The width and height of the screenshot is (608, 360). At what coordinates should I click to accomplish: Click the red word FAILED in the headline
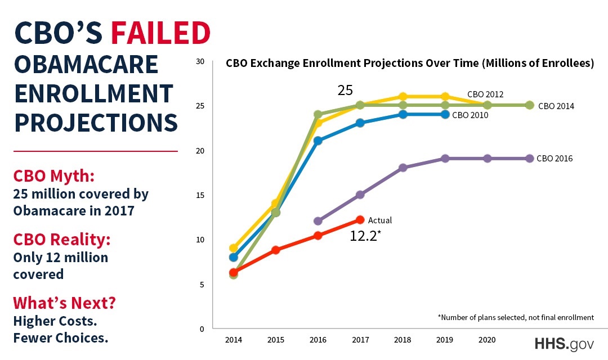(160, 34)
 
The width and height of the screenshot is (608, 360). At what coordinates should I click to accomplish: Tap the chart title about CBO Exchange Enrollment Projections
(410, 64)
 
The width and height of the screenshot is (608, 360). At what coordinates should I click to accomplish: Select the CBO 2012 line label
(485, 94)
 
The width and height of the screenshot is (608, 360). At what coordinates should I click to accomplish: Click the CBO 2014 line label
(556, 106)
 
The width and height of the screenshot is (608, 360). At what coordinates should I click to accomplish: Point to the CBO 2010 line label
(470, 115)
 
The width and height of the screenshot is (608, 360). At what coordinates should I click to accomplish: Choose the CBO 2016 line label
(555, 159)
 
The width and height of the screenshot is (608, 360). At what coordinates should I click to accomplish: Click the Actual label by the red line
(379, 220)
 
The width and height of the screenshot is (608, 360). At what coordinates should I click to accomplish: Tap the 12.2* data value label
(365, 236)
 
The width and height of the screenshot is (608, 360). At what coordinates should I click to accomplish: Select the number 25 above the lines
(346, 91)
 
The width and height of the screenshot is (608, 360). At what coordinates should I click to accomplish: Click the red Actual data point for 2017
(360, 220)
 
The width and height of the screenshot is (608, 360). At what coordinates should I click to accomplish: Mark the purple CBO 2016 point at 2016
(318, 221)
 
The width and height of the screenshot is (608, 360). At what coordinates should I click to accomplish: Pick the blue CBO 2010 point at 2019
(445, 114)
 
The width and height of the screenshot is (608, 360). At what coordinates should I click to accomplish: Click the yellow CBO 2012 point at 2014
(234, 248)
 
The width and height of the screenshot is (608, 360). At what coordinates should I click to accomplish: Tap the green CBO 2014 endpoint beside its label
(529, 105)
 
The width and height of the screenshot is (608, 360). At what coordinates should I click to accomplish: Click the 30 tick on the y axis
(200, 61)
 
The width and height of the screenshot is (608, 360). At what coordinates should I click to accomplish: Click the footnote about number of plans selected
(516, 317)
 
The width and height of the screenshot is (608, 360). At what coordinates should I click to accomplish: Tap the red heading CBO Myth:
(53, 176)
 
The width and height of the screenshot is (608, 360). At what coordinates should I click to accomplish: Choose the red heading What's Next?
(65, 303)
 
